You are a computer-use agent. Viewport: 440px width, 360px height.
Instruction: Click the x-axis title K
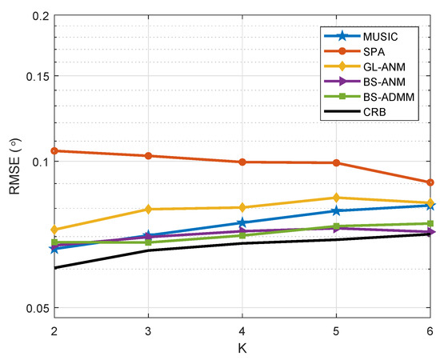242,348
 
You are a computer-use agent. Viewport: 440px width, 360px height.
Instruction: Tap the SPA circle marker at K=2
54,150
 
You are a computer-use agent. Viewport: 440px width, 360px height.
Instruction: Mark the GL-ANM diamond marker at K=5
336,198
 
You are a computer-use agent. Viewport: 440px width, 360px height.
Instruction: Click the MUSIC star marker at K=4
242,222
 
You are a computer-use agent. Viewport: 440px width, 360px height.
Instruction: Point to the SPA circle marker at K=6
430,182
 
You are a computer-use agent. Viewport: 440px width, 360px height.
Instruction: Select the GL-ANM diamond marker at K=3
148,209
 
